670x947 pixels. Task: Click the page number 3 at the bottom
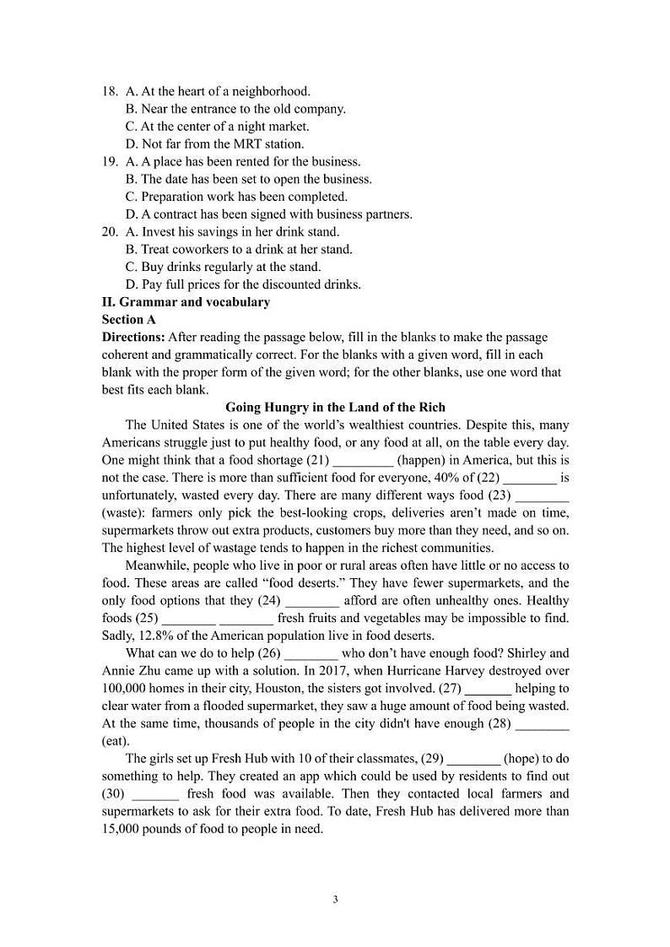tap(335, 899)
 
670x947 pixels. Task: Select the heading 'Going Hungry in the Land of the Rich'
tap(335, 408)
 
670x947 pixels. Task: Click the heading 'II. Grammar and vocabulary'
tap(186, 301)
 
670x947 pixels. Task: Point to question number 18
tap(110, 91)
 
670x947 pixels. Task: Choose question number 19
tap(110, 161)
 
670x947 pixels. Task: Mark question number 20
tap(110, 231)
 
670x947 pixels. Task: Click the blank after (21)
tap(363, 461)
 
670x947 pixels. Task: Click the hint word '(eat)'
tap(116, 740)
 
